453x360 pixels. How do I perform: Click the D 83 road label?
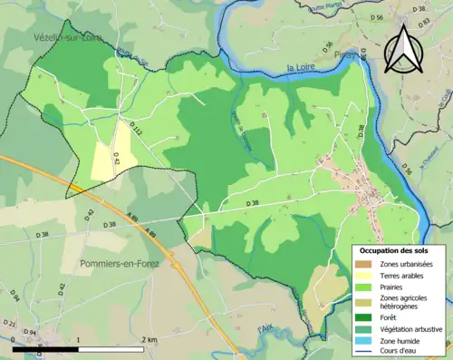pyautogui.click(x=420, y=10)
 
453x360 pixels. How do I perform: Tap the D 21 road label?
pyautogui.click(x=10, y=323)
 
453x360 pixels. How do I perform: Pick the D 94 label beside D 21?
pyautogui.click(x=30, y=332)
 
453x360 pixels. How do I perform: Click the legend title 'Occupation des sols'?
pyautogui.click(x=400, y=250)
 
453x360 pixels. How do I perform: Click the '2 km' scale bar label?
pyautogui.click(x=150, y=339)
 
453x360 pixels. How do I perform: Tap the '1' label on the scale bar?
pyautogui.click(x=80, y=339)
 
